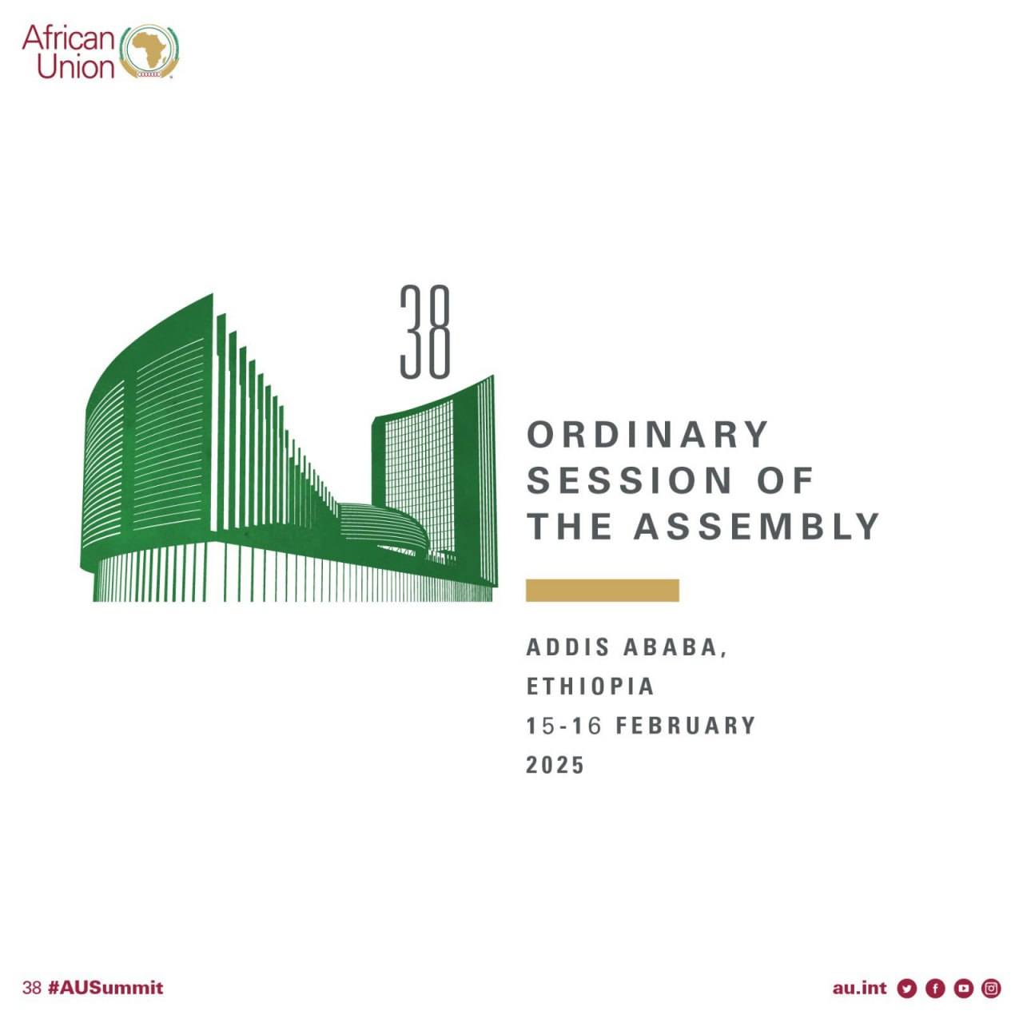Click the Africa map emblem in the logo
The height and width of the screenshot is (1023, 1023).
[x=150, y=52]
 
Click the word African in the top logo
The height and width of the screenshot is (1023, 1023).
[x=69, y=38]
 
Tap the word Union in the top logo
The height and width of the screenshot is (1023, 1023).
[x=76, y=67]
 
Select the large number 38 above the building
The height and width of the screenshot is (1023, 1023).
[x=424, y=332]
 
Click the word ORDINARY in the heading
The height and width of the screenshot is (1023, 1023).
[x=647, y=434]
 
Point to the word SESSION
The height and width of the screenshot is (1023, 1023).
[x=630, y=480]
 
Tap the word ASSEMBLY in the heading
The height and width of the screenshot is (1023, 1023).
[x=757, y=526]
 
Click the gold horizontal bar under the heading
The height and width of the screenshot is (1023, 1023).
[x=602, y=591]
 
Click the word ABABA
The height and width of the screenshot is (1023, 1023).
[x=675, y=647]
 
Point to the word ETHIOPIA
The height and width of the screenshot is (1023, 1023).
[x=590, y=687]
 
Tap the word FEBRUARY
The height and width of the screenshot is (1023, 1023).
[x=686, y=726]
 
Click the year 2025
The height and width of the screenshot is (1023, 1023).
[x=555, y=765]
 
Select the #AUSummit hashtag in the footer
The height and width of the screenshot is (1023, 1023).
[x=105, y=988]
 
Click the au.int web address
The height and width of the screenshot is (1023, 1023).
[x=859, y=988]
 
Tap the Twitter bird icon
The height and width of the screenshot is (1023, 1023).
[x=907, y=989]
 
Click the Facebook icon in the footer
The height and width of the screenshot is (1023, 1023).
[x=935, y=989]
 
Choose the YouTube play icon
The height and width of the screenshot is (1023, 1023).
[x=964, y=989]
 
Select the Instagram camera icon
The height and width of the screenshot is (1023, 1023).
[x=991, y=989]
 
